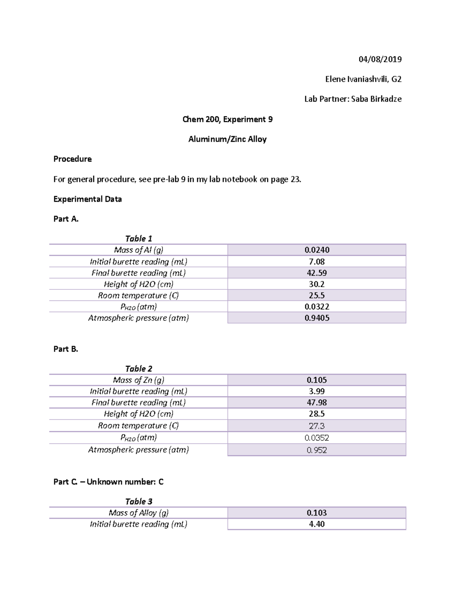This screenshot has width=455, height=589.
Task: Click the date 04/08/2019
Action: pyautogui.click(x=380, y=59)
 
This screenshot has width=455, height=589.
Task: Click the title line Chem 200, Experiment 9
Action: pyautogui.click(x=227, y=119)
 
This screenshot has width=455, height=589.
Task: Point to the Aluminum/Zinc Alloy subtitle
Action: pyautogui.click(x=227, y=139)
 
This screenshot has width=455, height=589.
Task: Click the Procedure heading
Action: pyautogui.click(x=72, y=159)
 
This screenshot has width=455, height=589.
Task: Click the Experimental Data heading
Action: pyautogui.click(x=88, y=199)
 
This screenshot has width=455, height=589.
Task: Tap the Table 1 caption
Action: pyautogui.click(x=138, y=239)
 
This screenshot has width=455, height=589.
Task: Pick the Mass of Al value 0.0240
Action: pyautogui.click(x=317, y=250)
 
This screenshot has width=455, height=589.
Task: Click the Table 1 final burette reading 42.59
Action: pyautogui.click(x=317, y=273)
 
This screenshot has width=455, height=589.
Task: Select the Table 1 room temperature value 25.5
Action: pyautogui.click(x=317, y=295)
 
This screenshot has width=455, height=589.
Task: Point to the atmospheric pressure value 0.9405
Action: pyautogui.click(x=317, y=318)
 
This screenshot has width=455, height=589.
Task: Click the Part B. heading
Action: pyautogui.click(x=66, y=349)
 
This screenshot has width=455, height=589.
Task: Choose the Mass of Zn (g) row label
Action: pyautogui.click(x=138, y=380)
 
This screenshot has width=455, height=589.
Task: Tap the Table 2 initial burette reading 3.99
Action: pyautogui.click(x=317, y=391)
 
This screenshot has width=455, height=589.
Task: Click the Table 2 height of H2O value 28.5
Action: pyautogui.click(x=317, y=414)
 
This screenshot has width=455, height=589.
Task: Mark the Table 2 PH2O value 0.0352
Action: pyautogui.click(x=317, y=438)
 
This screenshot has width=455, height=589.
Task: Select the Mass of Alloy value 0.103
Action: pyautogui.click(x=317, y=513)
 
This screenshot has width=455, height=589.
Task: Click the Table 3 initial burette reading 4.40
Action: pyautogui.click(x=317, y=524)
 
